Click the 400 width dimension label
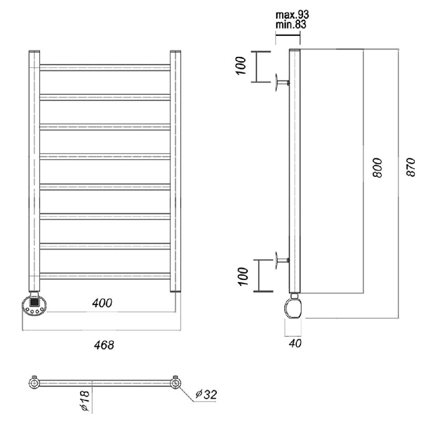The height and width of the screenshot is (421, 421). click(x=102, y=303)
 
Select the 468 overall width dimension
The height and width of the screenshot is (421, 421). click(x=104, y=345)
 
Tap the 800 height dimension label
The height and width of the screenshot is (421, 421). click(x=377, y=167)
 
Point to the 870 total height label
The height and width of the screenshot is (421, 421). click(x=411, y=167)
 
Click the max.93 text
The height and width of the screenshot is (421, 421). click(x=292, y=15)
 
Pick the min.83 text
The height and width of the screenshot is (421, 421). click(x=291, y=25)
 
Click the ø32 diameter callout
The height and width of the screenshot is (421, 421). click(x=206, y=394)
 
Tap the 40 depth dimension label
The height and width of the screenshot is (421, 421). click(x=295, y=344)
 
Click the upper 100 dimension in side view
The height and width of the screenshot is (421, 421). click(x=241, y=65)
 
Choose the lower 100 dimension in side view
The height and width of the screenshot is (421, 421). click(x=244, y=276)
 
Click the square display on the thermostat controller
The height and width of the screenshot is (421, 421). click(x=34, y=302)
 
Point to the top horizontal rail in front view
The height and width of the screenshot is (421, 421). click(x=105, y=68)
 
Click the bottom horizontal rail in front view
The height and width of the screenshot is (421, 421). click(x=105, y=276)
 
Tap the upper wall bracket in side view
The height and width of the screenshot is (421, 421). click(x=282, y=83)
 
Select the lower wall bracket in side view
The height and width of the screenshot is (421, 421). click(x=282, y=260)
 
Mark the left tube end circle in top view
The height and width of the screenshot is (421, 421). click(x=34, y=383)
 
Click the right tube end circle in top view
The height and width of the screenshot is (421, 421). click(x=175, y=383)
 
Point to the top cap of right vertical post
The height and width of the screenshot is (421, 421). click(x=175, y=51)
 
